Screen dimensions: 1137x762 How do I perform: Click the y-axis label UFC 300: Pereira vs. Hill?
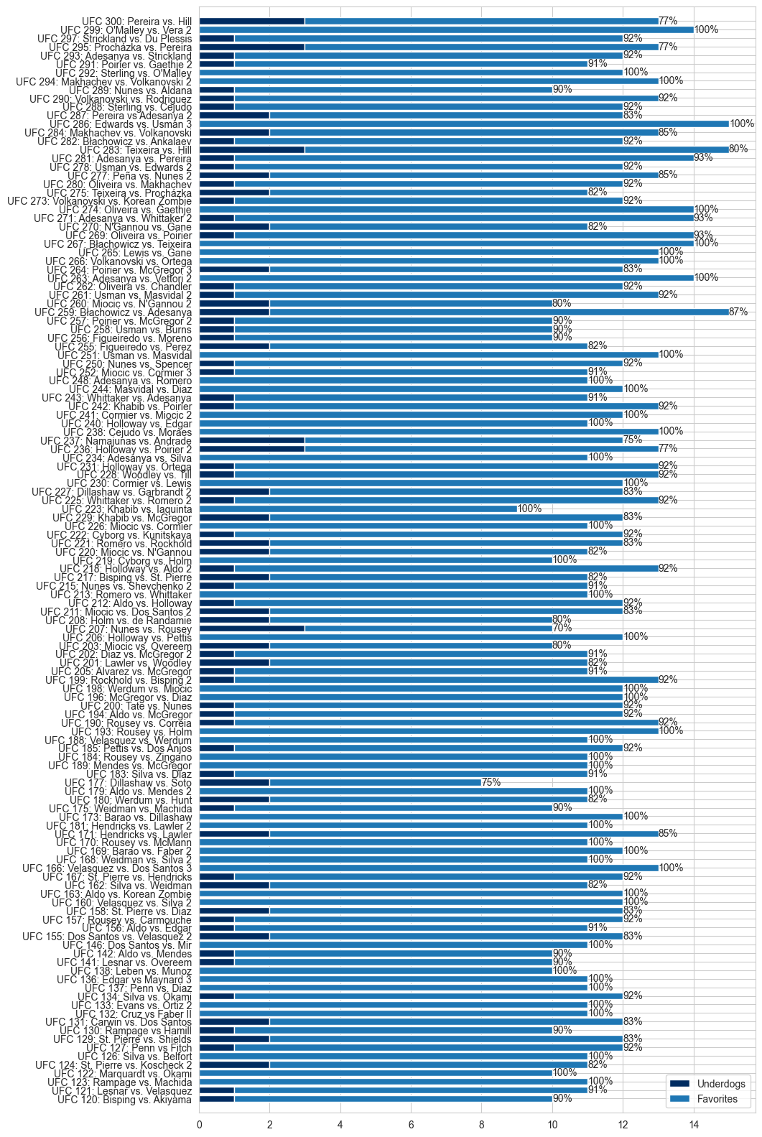(136, 22)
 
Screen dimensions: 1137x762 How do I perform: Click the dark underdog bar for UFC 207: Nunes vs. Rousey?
(251, 628)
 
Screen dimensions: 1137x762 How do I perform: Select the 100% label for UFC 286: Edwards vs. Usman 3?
(742, 124)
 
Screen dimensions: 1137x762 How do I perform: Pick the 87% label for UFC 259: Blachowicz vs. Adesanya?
(738, 312)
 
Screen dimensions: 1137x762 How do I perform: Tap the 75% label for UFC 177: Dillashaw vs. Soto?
(491, 782)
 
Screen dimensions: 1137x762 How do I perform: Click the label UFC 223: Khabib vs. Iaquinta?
(126, 509)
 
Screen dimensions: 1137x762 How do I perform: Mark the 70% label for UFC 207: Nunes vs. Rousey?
(562, 628)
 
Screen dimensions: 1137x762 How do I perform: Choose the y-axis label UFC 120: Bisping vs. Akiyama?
(124, 1100)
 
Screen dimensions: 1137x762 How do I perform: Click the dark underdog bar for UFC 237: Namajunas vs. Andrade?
(251, 440)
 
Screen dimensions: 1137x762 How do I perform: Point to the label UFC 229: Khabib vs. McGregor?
(122, 518)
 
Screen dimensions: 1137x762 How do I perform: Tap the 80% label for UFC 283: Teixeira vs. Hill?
(738, 149)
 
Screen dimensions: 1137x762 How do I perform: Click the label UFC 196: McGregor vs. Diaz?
(128, 697)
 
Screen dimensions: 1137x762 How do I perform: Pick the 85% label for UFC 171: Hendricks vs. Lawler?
(668, 834)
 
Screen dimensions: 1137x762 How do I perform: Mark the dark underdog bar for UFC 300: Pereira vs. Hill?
(251, 22)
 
